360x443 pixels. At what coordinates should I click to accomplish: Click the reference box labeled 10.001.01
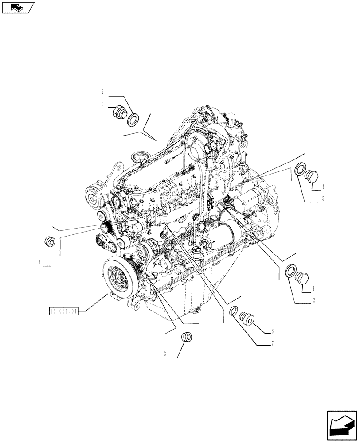[64, 311]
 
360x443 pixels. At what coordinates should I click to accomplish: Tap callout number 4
[324, 187]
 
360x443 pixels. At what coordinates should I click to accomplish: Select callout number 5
[323, 199]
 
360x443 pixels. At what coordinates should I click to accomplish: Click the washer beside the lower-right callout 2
[291, 270]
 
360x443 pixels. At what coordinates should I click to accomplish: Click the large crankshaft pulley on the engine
[120, 278]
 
